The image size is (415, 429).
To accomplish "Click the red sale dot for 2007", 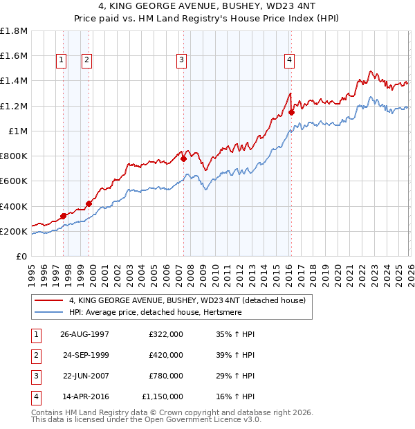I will [183, 158].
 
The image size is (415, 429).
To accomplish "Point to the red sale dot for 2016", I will [291, 112].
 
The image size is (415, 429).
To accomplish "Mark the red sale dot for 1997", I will [63, 216].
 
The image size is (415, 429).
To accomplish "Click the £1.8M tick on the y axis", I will [14, 31].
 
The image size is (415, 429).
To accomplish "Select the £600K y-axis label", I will [14, 181].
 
